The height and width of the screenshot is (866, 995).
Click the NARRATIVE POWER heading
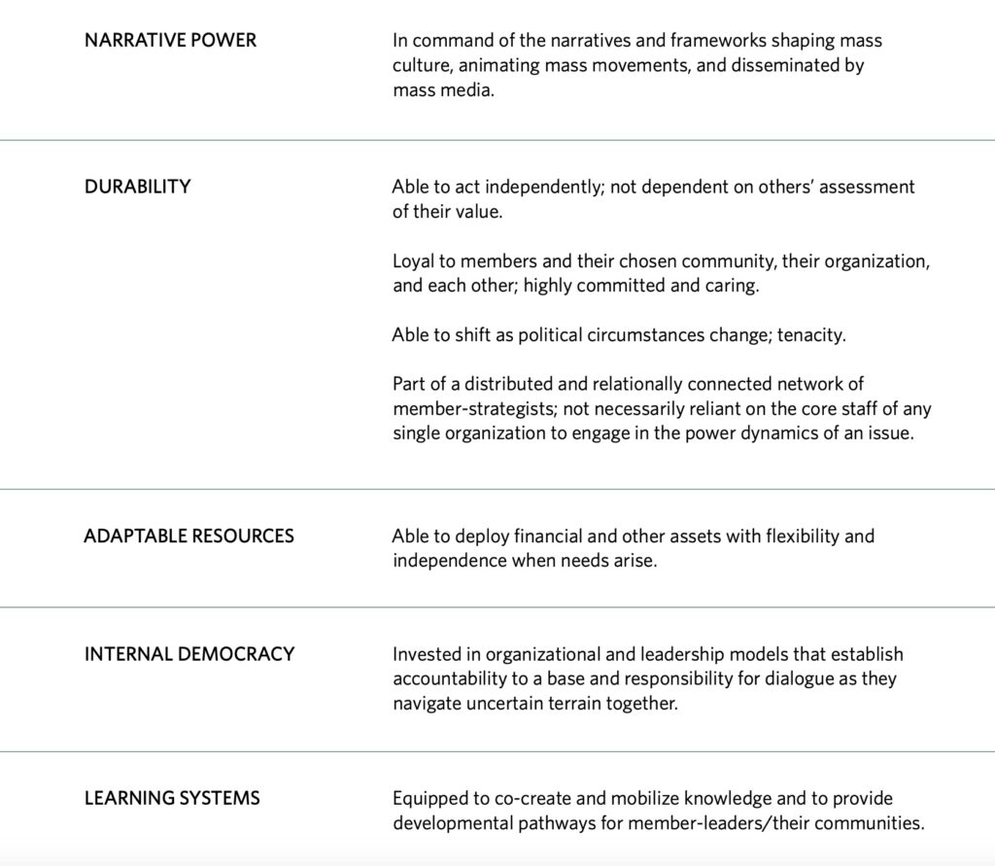tap(170, 41)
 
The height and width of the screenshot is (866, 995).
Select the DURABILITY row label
tap(137, 187)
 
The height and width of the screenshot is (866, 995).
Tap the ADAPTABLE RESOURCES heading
tap(189, 536)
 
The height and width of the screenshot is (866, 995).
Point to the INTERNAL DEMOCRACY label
tap(189, 654)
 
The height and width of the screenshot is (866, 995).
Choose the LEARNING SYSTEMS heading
tap(172, 798)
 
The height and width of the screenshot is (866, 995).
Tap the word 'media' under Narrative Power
tap(471, 91)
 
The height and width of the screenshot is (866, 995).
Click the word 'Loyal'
tap(414, 261)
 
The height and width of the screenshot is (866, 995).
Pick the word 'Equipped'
tap(430, 798)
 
